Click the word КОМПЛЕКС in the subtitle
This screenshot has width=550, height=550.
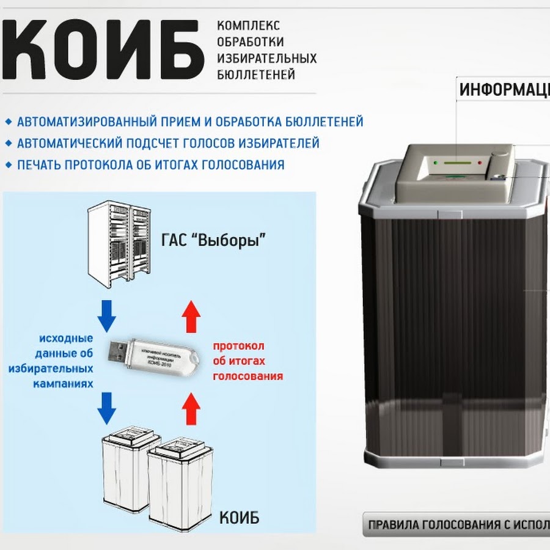click(249, 26)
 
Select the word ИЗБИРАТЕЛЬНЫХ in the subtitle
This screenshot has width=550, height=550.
click(267, 59)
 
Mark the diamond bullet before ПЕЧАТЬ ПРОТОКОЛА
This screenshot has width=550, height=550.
click(8, 165)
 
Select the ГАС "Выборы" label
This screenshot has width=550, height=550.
click(214, 241)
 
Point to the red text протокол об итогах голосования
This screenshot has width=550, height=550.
click(248, 361)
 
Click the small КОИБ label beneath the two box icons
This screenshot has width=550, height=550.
click(239, 518)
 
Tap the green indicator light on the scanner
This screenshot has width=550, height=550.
click(435, 163)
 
